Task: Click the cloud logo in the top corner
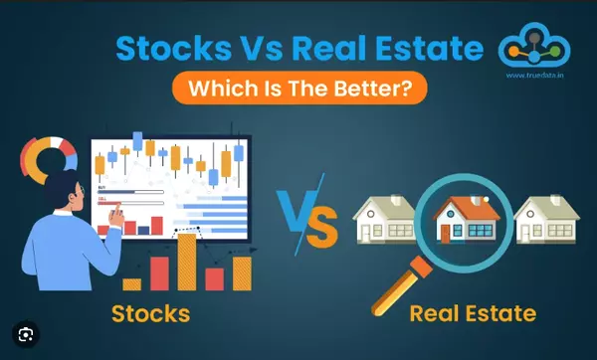coord(533,51)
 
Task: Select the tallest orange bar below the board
coord(186,261)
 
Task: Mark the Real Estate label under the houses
coord(473,314)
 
